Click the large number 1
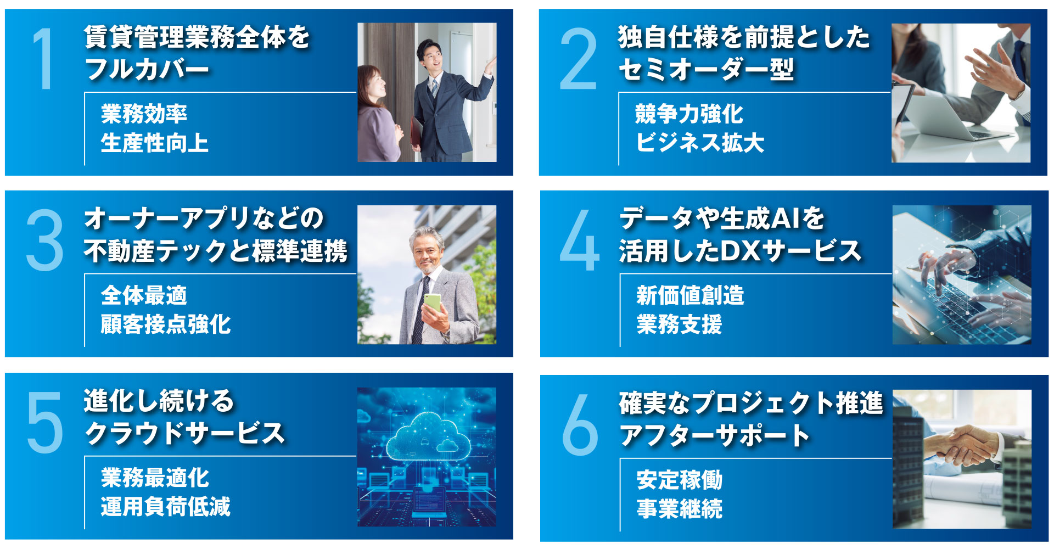(x=43, y=59)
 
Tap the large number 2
(x=578, y=59)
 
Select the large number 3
(x=44, y=240)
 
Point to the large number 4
(x=579, y=240)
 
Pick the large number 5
(x=45, y=422)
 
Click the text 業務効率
(x=144, y=114)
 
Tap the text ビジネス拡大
(x=700, y=143)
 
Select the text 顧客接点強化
(x=166, y=324)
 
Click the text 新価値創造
(x=690, y=295)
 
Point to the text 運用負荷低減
(x=166, y=506)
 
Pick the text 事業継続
(x=680, y=509)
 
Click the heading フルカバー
(x=147, y=70)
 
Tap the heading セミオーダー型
(x=706, y=70)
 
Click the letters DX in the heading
(x=739, y=251)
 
